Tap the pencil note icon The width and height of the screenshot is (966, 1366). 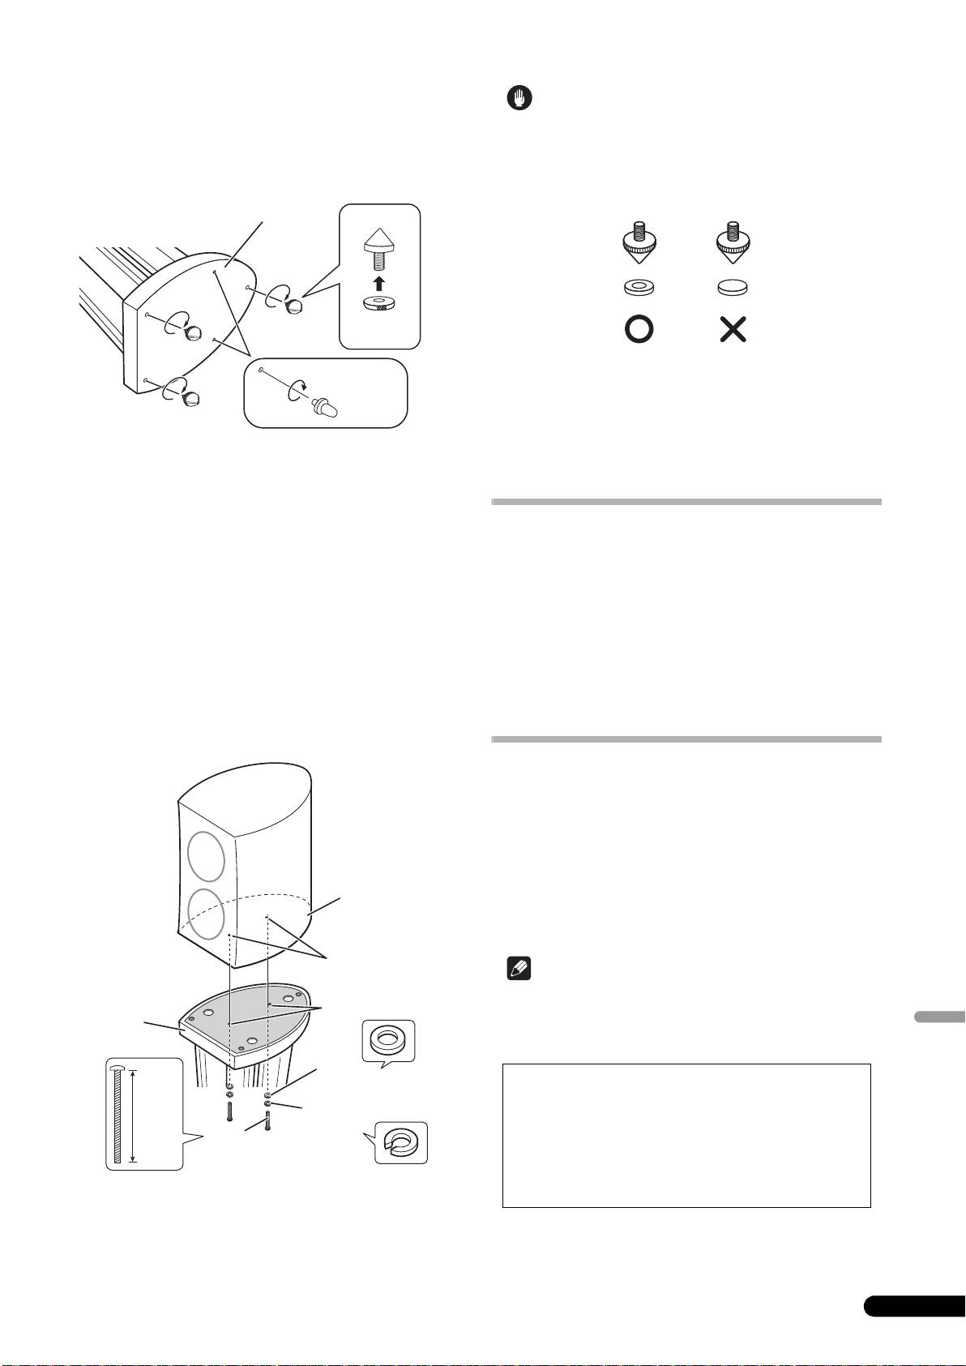pyautogui.click(x=516, y=969)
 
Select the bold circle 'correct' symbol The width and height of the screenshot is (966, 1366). pyautogui.click(x=639, y=330)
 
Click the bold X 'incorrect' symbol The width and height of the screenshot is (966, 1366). pyautogui.click(x=733, y=330)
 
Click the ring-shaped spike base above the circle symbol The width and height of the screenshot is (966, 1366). pyautogui.click(x=639, y=287)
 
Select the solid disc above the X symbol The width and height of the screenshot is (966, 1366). pyautogui.click(x=733, y=287)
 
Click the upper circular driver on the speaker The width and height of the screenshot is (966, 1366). pyautogui.click(x=206, y=856)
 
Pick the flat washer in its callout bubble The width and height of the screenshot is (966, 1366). pyautogui.click(x=387, y=1039)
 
